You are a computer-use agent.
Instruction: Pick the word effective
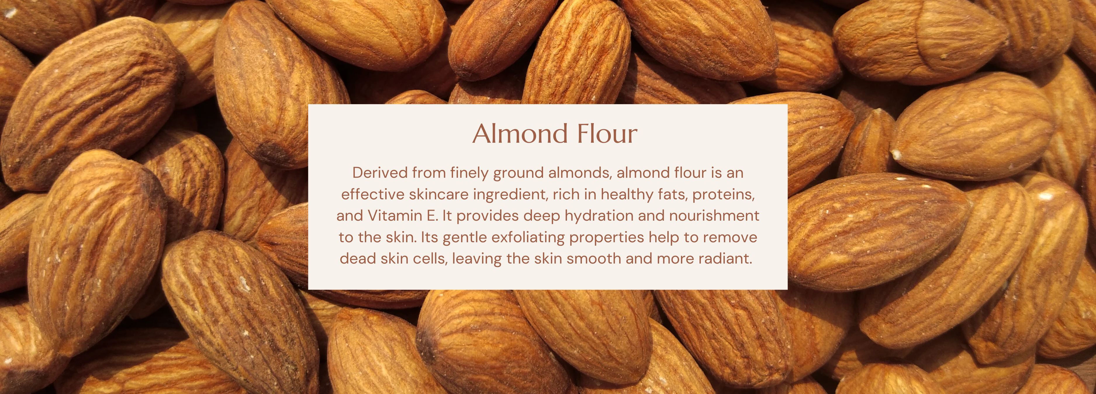pyautogui.click(x=373, y=194)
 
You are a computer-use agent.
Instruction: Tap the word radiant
pyautogui.click(x=725, y=258)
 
